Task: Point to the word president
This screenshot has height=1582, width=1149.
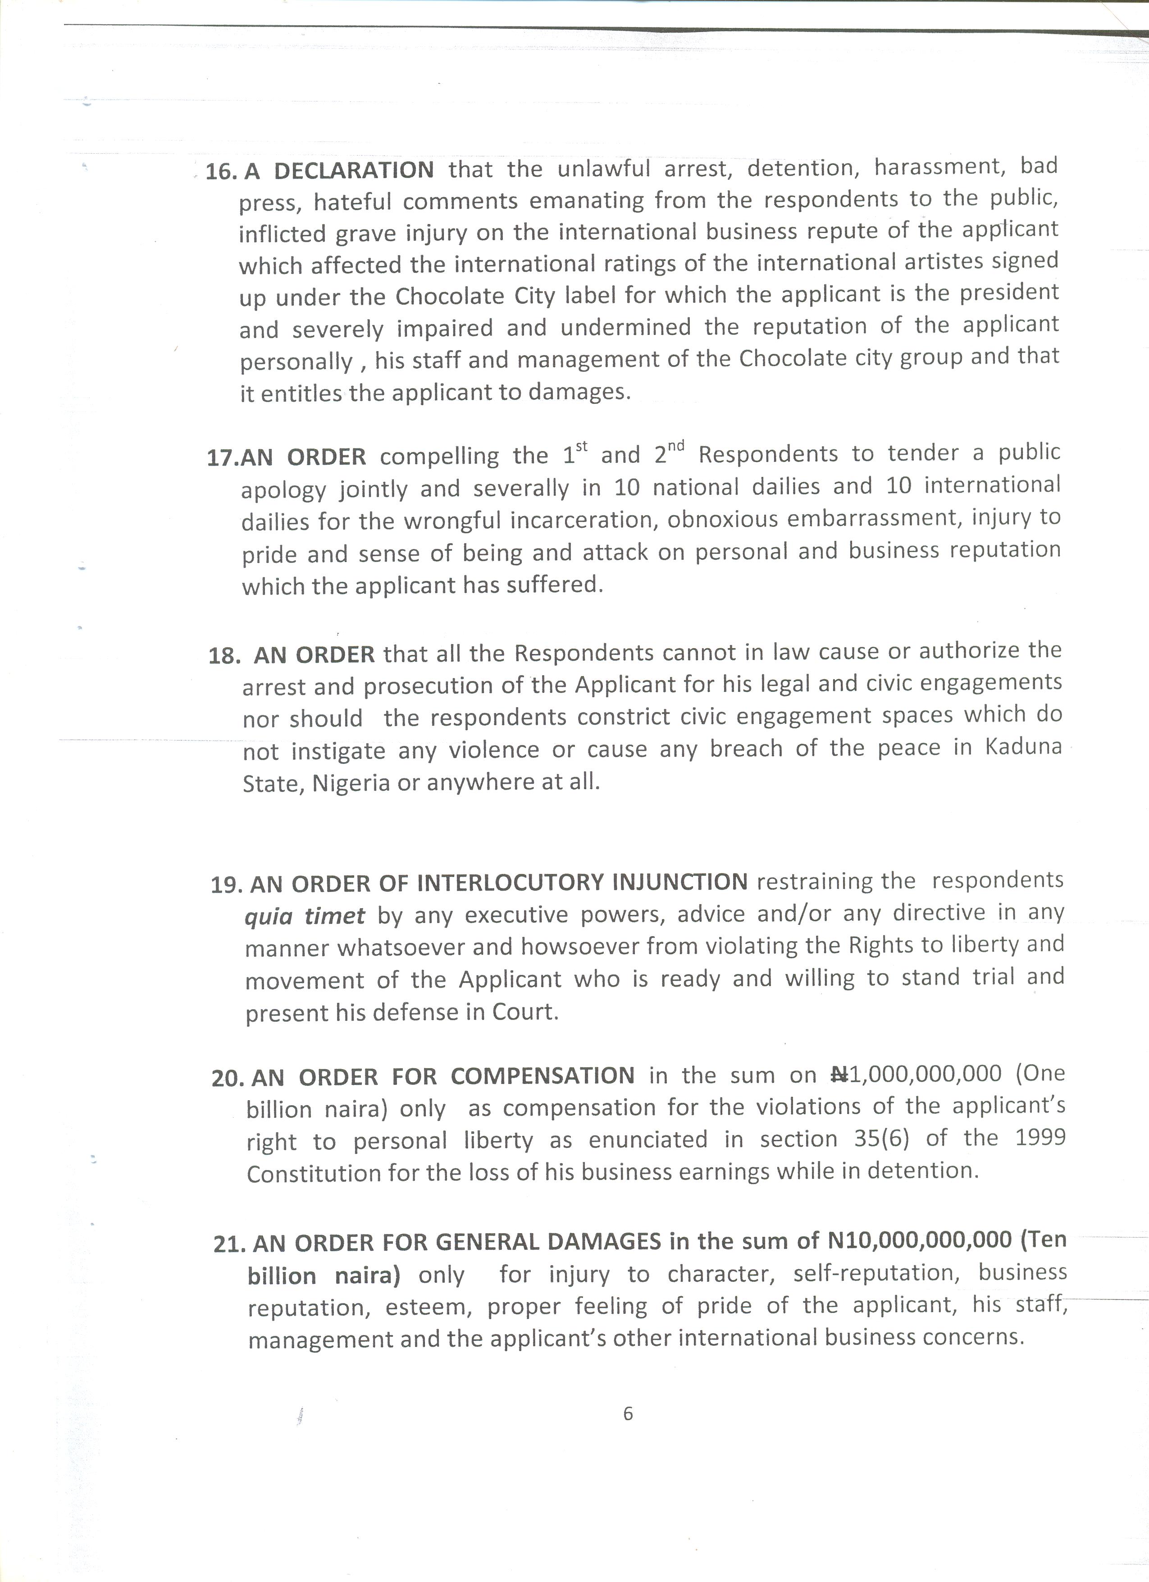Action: (x=1009, y=293)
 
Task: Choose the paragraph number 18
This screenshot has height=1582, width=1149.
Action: (x=223, y=656)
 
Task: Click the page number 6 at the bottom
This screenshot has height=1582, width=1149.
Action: (x=628, y=1413)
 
